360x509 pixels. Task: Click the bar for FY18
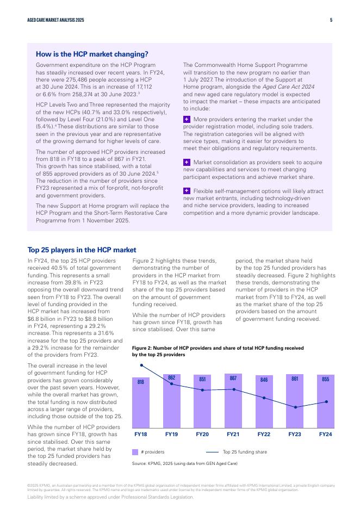point(140,402)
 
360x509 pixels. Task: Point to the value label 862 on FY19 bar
point(171,378)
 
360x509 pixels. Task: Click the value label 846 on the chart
point(264,380)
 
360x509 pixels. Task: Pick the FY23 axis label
point(295,434)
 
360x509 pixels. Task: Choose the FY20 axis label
point(202,434)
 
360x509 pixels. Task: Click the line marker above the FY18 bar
point(141,365)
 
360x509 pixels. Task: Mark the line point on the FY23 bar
point(295,407)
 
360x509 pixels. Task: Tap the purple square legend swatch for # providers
point(135,452)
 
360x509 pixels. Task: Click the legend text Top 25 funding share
point(245,452)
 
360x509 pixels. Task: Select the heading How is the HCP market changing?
point(92,54)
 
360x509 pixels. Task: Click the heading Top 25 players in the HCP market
point(82,250)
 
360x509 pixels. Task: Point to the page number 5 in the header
point(331,20)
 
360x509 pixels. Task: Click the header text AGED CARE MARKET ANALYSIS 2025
point(55,20)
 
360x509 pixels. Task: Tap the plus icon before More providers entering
point(187,119)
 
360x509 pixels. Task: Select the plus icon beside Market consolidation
point(187,162)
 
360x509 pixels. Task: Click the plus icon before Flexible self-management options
point(187,191)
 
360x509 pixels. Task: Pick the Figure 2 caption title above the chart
point(218,351)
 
